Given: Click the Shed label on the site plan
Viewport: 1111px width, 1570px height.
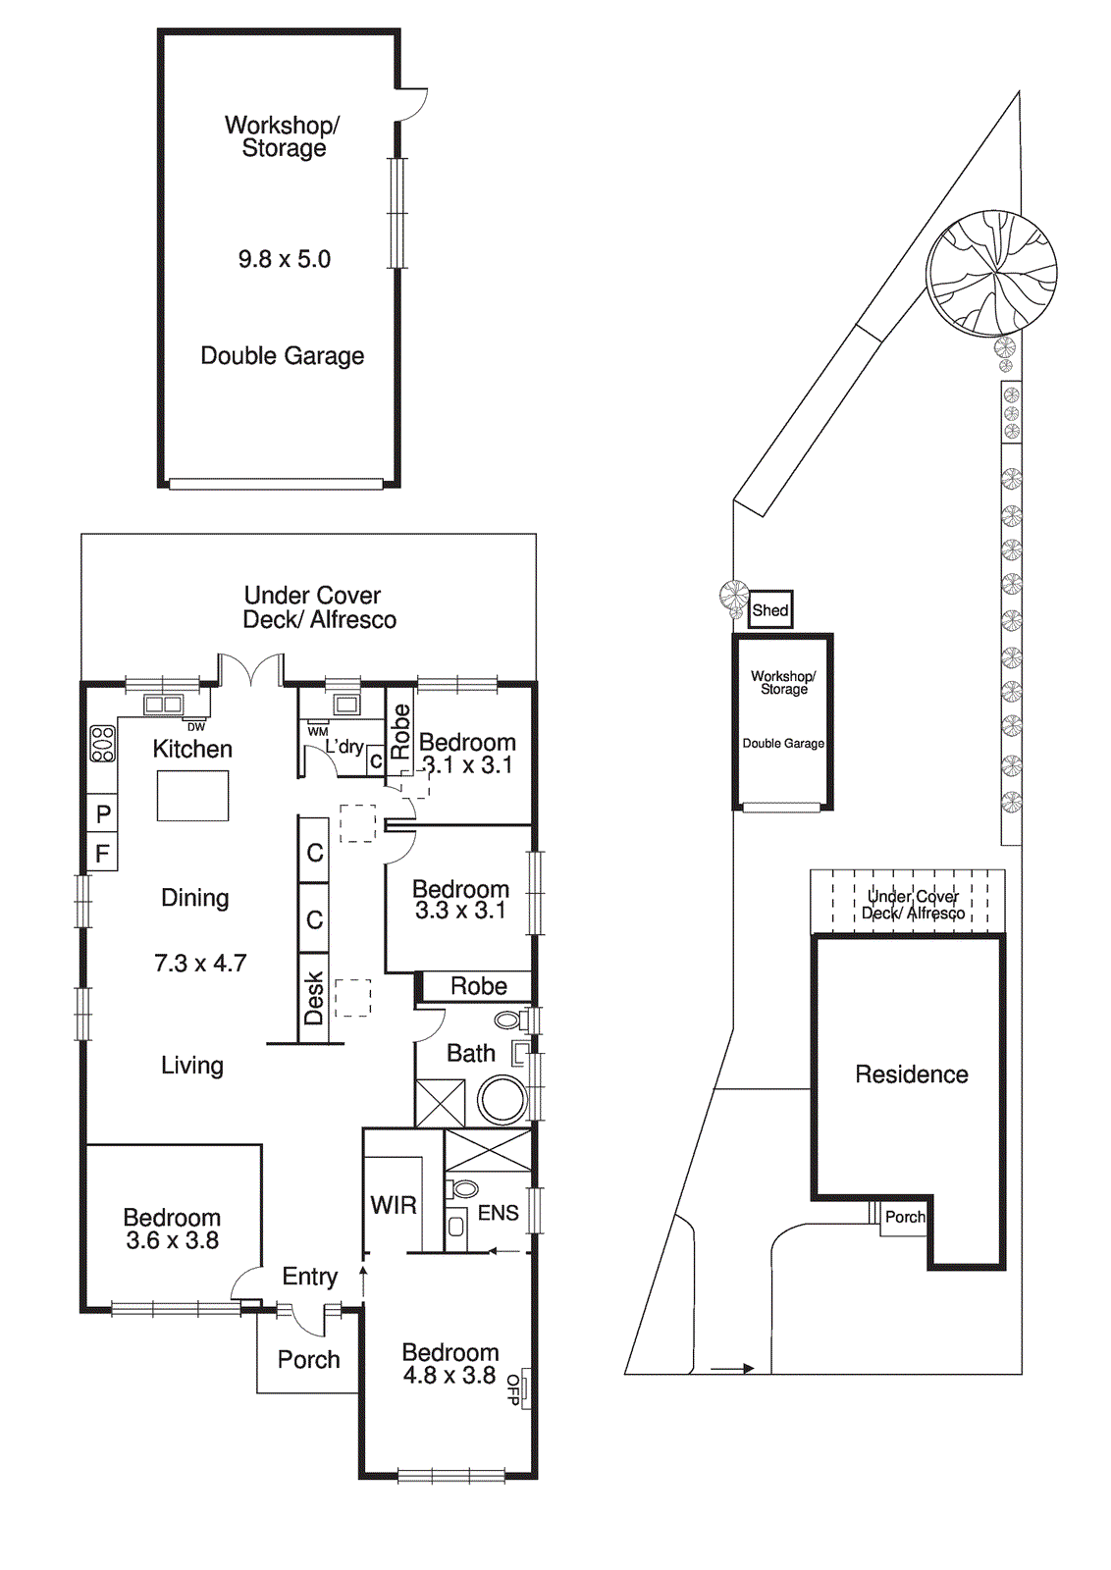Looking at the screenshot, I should [770, 610].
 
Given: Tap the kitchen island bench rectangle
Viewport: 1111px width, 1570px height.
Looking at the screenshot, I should [192, 796].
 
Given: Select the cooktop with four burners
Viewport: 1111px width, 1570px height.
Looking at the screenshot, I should [103, 744].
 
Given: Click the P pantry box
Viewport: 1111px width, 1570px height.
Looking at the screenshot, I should [103, 813].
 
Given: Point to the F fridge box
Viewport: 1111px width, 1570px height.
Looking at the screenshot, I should [102, 854].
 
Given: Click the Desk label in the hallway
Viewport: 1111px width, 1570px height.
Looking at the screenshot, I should [314, 998].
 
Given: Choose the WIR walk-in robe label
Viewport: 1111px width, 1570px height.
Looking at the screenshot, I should [394, 1205].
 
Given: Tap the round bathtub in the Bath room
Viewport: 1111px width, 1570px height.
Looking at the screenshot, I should [503, 1099].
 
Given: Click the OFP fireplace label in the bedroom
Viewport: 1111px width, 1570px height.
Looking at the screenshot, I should [514, 1389].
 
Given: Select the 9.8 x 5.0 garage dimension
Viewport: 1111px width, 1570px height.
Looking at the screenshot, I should [285, 259].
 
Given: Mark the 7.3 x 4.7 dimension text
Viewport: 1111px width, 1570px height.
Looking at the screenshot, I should [200, 964].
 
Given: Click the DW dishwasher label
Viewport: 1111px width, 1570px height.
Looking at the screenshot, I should [196, 727].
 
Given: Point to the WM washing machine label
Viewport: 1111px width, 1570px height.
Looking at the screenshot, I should [317, 732].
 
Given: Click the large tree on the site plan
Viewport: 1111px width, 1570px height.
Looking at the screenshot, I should [991, 273].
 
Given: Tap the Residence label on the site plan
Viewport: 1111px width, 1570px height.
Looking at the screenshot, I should [911, 1074].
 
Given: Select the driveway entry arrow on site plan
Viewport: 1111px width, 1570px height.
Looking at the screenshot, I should [731, 1368].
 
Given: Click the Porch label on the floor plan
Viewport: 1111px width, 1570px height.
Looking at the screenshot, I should [308, 1359].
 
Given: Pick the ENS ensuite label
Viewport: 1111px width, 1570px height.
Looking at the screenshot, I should [498, 1213].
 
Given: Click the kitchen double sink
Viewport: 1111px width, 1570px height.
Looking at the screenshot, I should [163, 704].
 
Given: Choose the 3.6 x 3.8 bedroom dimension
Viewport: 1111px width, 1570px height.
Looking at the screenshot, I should [172, 1240].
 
